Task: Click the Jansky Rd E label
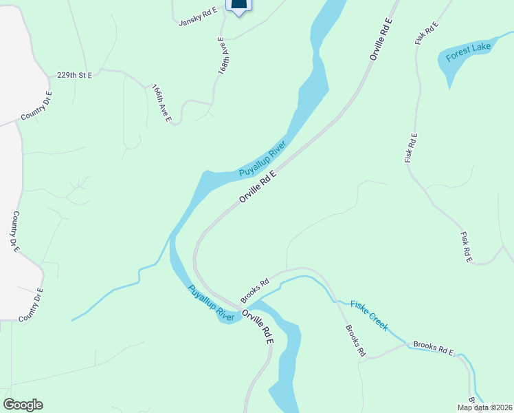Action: point(198,17)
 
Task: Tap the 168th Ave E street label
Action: point(223,56)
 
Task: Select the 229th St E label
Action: point(74,75)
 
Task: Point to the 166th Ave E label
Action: point(162,104)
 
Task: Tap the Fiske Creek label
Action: point(369,315)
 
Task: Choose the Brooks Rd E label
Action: point(433,348)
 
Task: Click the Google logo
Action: point(23,405)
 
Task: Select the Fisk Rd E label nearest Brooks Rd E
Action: point(467,246)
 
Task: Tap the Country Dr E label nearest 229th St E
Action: point(36,106)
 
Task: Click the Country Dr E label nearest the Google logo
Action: point(30,305)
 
